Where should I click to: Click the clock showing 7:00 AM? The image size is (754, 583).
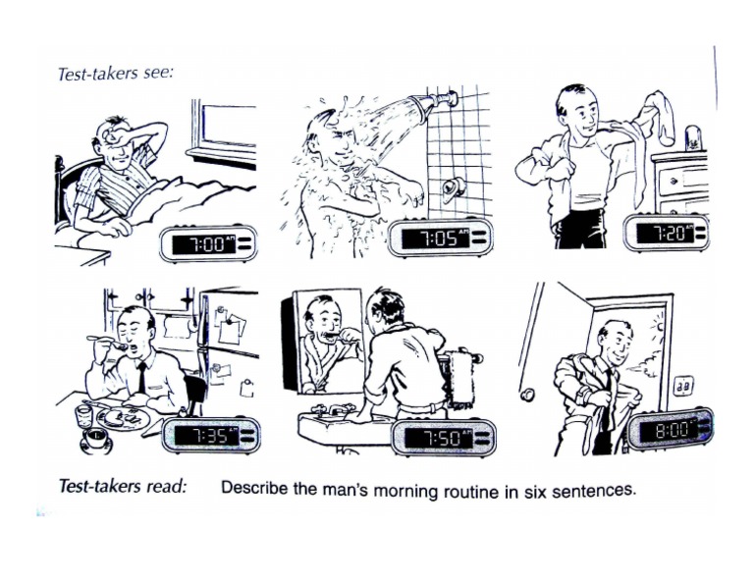[x=207, y=243]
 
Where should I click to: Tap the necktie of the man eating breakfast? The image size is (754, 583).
[x=143, y=378]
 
